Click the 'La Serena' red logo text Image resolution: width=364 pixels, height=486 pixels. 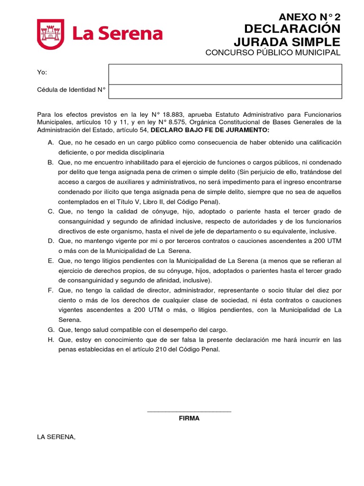[x=117, y=34]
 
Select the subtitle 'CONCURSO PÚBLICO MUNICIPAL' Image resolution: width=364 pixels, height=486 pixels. [x=273, y=52]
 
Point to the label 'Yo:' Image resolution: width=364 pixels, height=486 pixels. [x=42, y=72]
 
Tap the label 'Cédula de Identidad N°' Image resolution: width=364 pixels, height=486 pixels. [x=71, y=89]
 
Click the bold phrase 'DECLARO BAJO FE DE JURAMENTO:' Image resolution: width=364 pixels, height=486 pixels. [x=210, y=130]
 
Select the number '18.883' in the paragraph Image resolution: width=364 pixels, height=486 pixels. [x=175, y=115]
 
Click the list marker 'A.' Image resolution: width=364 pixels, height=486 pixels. [x=51, y=143]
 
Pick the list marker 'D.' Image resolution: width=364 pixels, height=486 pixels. [x=51, y=241]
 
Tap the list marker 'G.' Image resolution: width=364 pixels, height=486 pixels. [x=51, y=330]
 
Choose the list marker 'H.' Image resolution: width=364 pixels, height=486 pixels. [x=51, y=340]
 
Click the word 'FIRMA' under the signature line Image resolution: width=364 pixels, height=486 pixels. [x=189, y=418]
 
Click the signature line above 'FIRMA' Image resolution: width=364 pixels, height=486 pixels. [x=189, y=411]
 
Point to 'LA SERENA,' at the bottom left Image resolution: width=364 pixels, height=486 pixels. [x=56, y=437]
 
